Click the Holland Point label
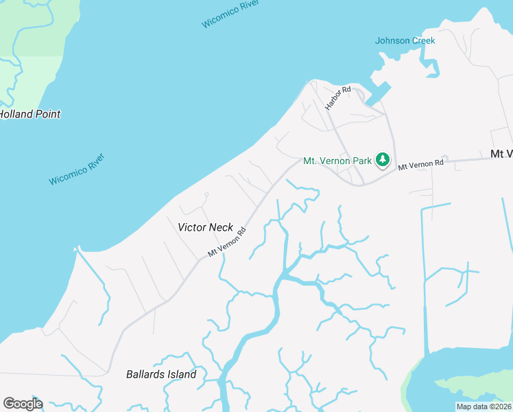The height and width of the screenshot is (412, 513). click(x=29, y=114)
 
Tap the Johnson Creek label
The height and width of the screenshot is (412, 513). click(x=405, y=41)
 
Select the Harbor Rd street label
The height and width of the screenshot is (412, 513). click(x=337, y=98)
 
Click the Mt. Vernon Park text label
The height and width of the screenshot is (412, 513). click(x=337, y=161)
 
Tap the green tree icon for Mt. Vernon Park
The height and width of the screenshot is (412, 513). click(x=383, y=161)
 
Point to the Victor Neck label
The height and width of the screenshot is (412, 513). click(x=205, y=227)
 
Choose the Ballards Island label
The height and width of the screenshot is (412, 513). click(x=161, y=374)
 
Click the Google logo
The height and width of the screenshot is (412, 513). click(x=23, y=403)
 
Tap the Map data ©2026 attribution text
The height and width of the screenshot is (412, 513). click(x=484, y=407)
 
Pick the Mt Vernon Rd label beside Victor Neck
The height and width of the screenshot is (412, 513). click(x=227, y=243)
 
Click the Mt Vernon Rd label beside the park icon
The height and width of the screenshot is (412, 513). click(x=421, y=165)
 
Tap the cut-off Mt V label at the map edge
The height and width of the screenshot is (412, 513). click(x=501, y=154)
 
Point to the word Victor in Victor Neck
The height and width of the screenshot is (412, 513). click(x=191, y=227)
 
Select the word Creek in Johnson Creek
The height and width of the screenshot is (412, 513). click(x=423, y=41)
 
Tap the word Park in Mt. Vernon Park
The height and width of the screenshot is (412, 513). click(x=361, y=161)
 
